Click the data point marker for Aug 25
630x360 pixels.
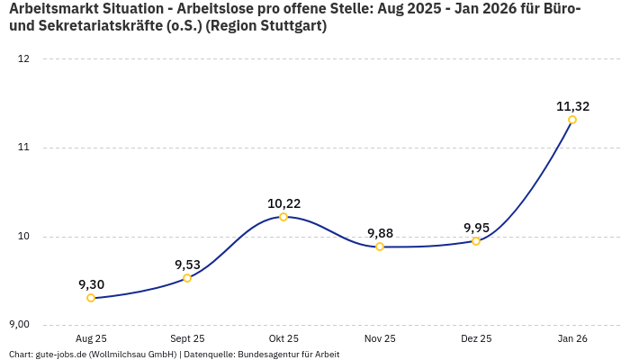[91, 298]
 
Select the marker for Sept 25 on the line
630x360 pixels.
[187, 278]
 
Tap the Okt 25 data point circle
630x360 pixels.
[283, 217]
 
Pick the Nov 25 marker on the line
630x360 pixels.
[380, 247]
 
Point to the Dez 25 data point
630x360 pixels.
[476, 241]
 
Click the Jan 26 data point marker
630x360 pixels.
[572, 120]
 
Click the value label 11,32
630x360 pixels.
[572, 106]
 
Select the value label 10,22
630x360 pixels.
[283, 203]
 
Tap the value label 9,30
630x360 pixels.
[91, 284]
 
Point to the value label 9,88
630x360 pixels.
[380, 233]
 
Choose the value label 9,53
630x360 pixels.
[187, 265]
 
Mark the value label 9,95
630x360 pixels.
[476, 228]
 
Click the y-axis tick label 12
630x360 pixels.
[23, 59]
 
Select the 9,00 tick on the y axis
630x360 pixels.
[19, 324]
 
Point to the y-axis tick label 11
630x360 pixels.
[23, 148]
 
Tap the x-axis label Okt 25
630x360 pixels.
[283, 338]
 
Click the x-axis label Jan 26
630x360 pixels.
[572, 338]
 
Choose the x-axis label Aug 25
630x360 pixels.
[91, 338]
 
